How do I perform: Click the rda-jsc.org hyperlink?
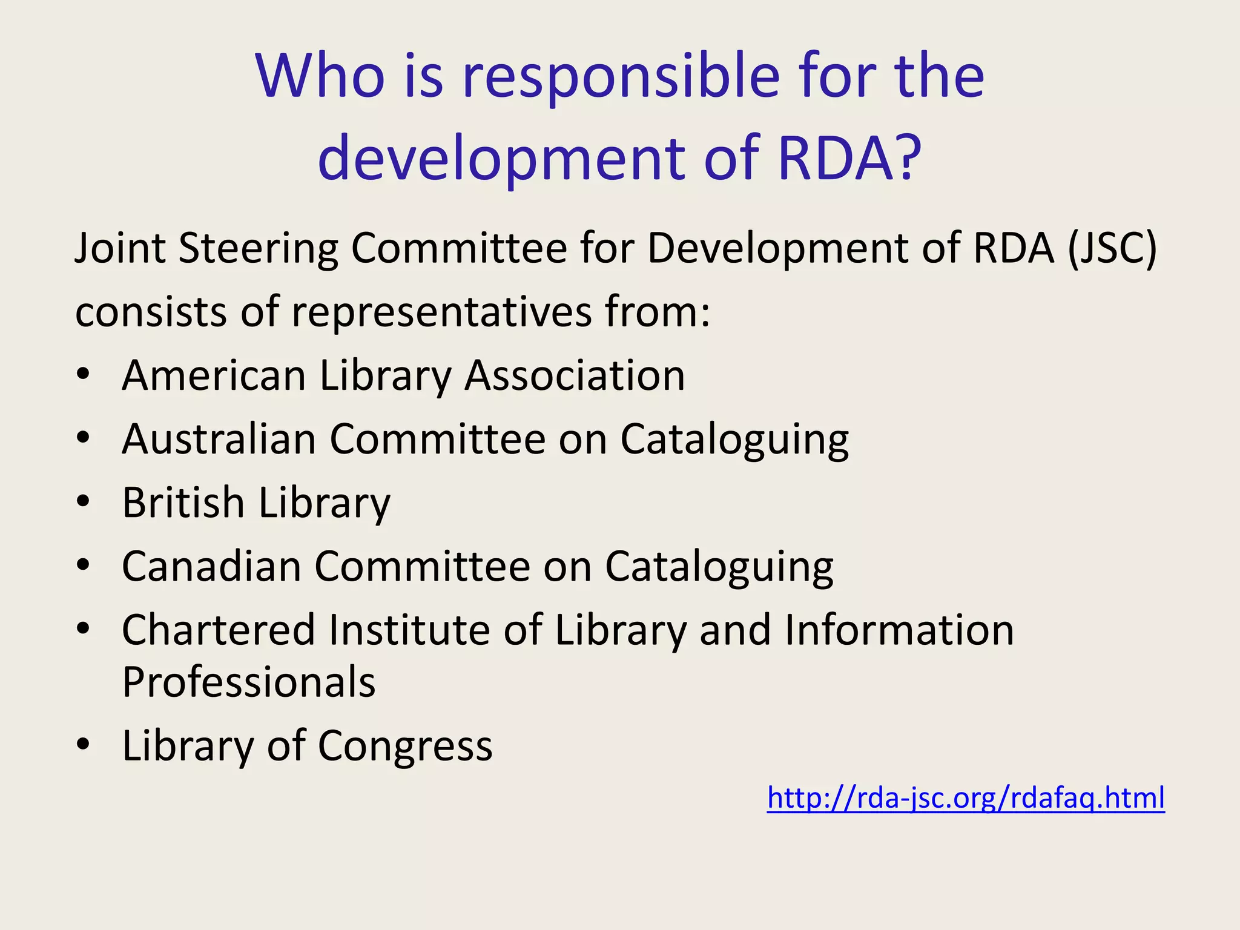966,798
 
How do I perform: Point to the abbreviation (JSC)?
1112,249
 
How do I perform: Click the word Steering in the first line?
259,249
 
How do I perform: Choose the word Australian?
219,439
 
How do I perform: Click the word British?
182,503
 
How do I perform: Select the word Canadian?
211,567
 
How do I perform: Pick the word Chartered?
219,630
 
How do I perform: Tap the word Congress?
405,746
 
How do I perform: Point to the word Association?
575,375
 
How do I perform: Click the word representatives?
442,312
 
